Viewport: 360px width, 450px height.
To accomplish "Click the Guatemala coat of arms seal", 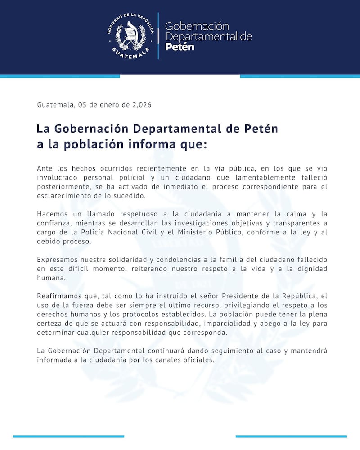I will pyautogui.click(x=131, y=36).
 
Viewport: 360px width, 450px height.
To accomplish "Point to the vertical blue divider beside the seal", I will pyautogui.click(x=158, y=36).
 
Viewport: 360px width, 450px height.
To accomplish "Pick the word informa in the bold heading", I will pyautogui.click(x=141, y=145).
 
